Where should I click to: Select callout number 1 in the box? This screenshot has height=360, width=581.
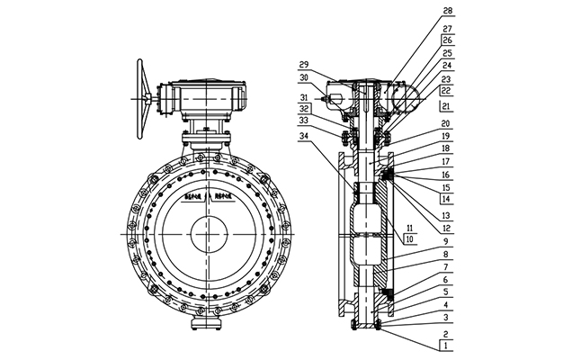pyautogui.click(x=445, y=344)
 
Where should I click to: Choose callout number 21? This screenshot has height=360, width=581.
pyautogui.click(x=446, y=106)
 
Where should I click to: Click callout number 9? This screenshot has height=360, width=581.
pyautogui.click(x=446, y=242)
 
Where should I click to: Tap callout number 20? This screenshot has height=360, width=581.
pyautogui.click(x=446, y=124)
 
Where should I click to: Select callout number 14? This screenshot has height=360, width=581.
pyautogui.click(x=446, y=199)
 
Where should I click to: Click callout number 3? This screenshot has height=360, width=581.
pyautogui.click(x=446, y=319)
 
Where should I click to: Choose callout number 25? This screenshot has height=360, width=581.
pyautogui.click(x=446, y=53)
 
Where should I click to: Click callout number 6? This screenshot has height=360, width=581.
pyautogui.click(x=446, y=281)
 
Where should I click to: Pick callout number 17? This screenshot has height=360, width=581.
pyautogui.click(x=446, y=162)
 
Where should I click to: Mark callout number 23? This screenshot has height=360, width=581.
pyautogui.click(x=446, y=78)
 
